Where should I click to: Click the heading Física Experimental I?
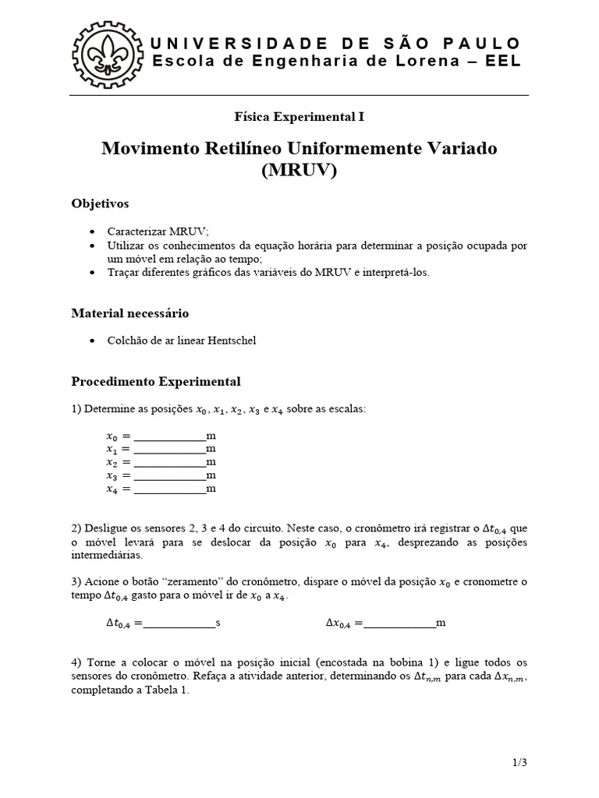tap(299, 117)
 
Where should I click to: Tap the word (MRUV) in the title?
tap(299, 170)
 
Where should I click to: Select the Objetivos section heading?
tap(100, 203)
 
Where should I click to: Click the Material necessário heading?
tap(129, 313)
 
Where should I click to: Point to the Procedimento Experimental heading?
tap(156, 382)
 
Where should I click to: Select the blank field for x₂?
tap(169, 462)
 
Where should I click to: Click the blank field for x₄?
tap(169, 489)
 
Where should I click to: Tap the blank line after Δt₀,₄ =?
tap(179, 623)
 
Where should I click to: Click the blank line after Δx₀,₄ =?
tap(399, 623)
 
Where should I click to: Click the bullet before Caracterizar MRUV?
tap(94, 232)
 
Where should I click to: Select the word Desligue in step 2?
tap(107, 528)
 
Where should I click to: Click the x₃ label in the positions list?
tap(113, 475)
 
